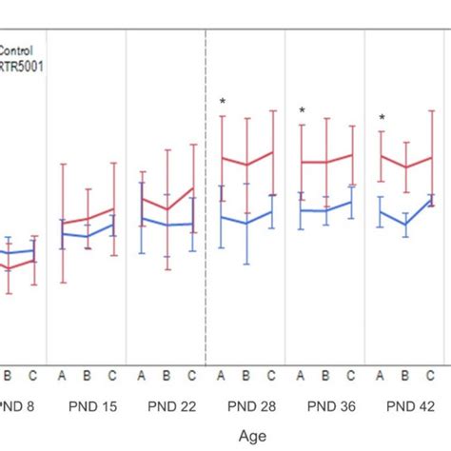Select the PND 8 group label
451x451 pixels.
(x=17, y=406)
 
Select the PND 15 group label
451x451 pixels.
(x=92, y=406)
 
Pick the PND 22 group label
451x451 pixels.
(x=172, y=406)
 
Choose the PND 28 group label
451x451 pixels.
(x=251, y=406)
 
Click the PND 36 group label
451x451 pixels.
(x=330, y=406)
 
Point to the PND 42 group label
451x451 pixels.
(x=410, y=406)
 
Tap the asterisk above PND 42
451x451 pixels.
(x=382, y=119)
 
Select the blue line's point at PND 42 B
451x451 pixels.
(x=405, y=225)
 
